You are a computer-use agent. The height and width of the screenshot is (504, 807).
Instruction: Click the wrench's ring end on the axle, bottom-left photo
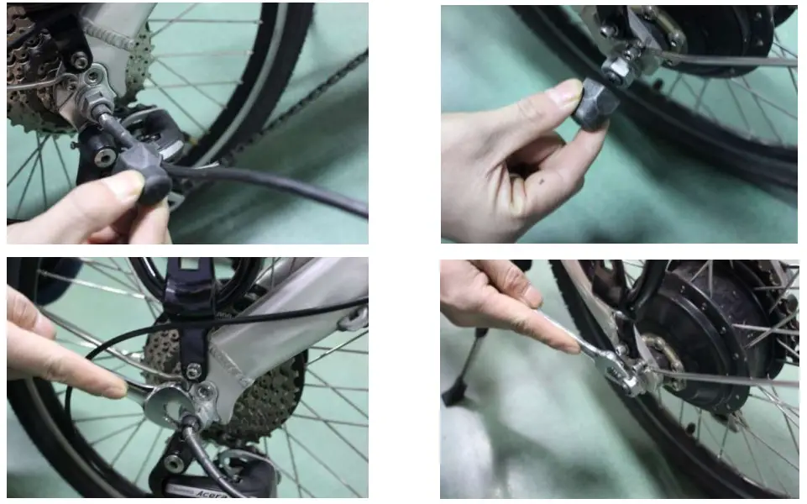[172, 402]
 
